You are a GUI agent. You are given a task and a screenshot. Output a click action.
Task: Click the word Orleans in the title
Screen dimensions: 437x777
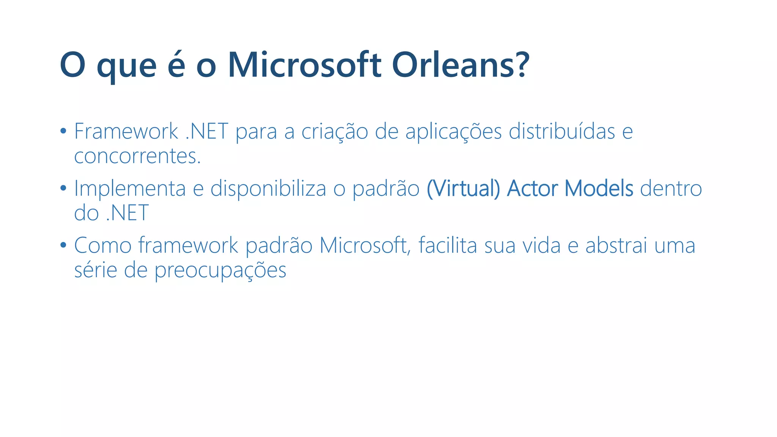(x=460, y=65)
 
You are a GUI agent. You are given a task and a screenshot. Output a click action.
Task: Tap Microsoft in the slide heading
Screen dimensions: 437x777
(x=304, y=65)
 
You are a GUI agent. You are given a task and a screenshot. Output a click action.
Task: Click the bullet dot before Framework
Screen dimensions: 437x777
(x=63, y=131)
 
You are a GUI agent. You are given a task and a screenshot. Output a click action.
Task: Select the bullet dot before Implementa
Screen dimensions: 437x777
(x=63, y=188)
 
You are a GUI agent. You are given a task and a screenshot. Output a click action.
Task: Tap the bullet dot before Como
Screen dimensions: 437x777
(x=63, y=245)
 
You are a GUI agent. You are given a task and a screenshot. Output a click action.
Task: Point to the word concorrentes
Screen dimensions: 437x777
(x=137, y=157)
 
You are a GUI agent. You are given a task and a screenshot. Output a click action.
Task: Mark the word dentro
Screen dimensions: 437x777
(x=671, y=189)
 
